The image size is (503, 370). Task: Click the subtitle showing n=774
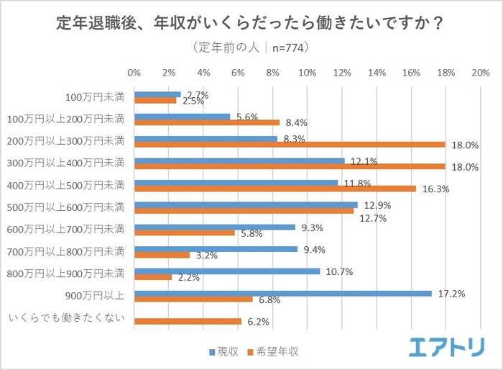251,48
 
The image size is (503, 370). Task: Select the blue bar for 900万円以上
283,293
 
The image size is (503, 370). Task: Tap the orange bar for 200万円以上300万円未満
289,144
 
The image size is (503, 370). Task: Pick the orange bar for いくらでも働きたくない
188,322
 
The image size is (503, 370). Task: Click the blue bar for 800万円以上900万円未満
227,271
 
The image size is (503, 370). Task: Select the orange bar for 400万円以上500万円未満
274,189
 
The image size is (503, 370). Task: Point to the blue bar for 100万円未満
157,94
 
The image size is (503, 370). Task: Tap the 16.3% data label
432,189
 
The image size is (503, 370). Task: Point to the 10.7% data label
336,271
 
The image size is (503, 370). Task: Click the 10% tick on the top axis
308,73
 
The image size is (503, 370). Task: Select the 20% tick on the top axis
480,73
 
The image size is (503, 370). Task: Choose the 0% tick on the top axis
134,73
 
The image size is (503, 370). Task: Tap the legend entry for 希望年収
272,352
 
